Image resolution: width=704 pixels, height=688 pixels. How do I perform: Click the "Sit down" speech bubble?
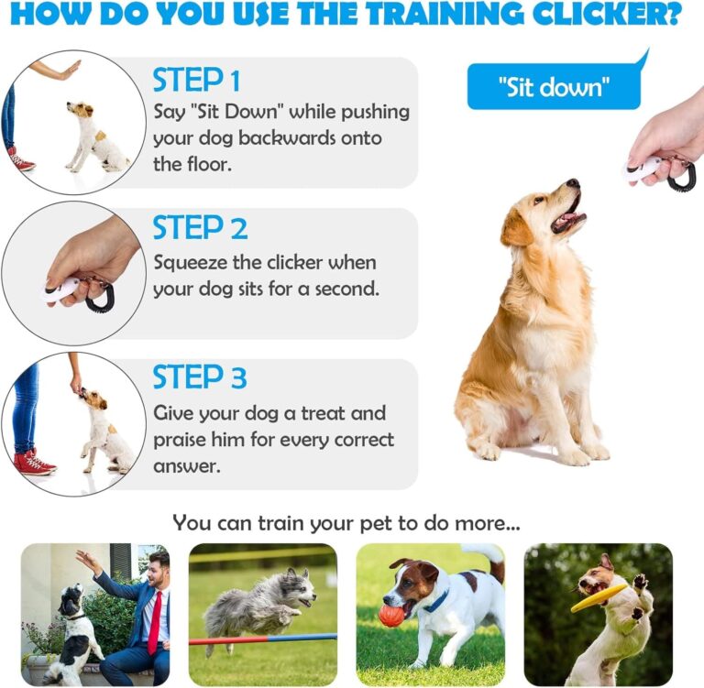[555, 88]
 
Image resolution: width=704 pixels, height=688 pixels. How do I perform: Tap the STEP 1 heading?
[196, 81]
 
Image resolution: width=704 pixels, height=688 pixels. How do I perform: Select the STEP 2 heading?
[200, 228]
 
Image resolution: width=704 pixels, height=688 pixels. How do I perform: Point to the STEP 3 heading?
[200, 377]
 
